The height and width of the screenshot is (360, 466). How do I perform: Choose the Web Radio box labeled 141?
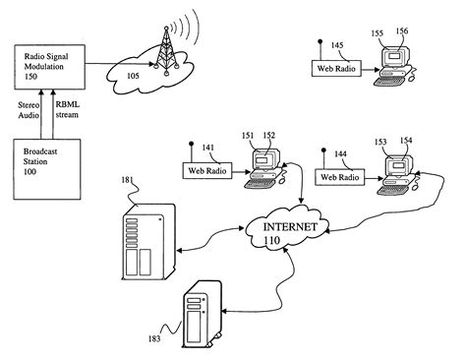[204, 170]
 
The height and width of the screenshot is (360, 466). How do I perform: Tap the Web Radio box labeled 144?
[335, 177]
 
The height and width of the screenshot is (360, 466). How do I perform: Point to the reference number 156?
[403, 32]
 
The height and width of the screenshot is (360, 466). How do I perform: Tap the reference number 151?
[249, 137]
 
